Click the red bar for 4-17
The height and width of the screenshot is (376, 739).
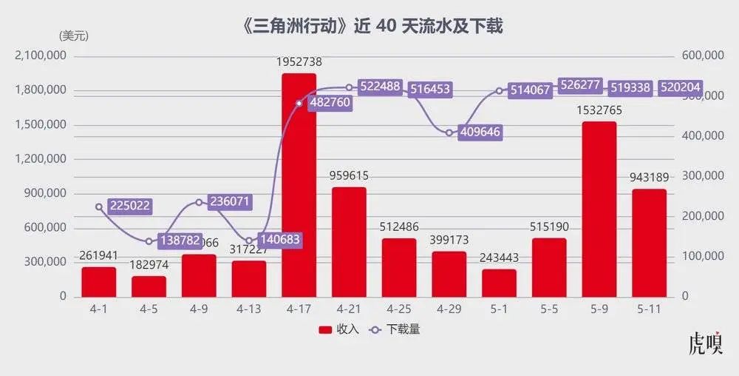pyautogui.click(x=299, y=185)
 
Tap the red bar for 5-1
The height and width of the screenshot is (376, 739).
pyautogui.click(x=499, y=283)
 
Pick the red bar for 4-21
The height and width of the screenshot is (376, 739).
pyautogui.click(x=349, y=241)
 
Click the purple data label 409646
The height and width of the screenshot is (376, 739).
pyautogui.click(x=481, y=134)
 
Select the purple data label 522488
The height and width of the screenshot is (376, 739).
pyautogui.click(x=380, y=87)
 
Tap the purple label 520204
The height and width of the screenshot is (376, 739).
pyautogui.click(x=679, y=87)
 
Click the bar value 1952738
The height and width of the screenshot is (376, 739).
pyautogui.click(x=299, y=62)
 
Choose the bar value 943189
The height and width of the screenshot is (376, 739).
pyautogui.click(x=649, y=178)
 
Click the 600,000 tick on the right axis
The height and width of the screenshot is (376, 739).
pyautogui.click(x=698, y=56)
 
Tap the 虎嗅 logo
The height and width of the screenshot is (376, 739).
pyautogui.click(x=705, y=344)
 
